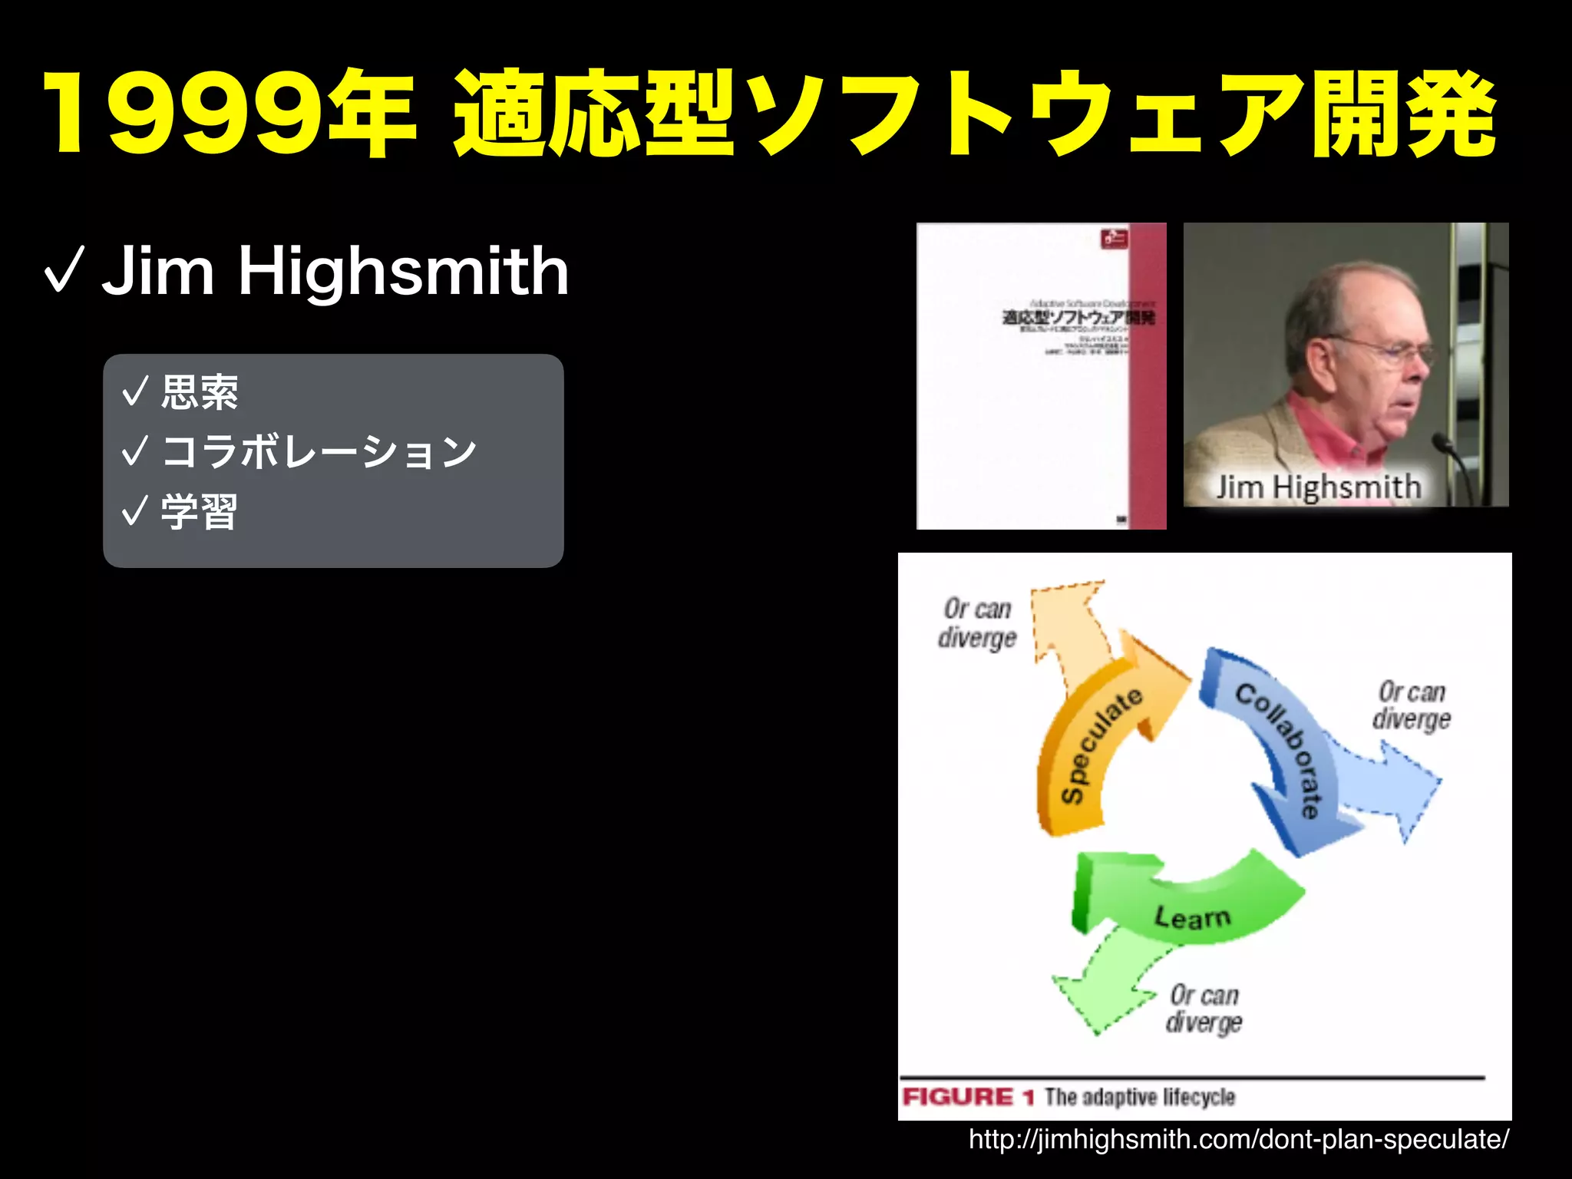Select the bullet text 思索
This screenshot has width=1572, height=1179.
pos(200,392)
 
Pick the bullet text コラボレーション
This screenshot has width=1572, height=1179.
pos(319,451)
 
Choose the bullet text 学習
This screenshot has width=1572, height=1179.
pos(200,511)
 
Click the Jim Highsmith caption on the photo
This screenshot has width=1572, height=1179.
pos(1318,487)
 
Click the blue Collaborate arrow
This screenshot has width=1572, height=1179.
pos(1282,752)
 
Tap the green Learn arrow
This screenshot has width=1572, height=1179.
pos(1190,902)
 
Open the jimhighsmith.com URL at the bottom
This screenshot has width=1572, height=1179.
pos(1238,1139)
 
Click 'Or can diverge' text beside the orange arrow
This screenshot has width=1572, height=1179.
pos(977,623)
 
